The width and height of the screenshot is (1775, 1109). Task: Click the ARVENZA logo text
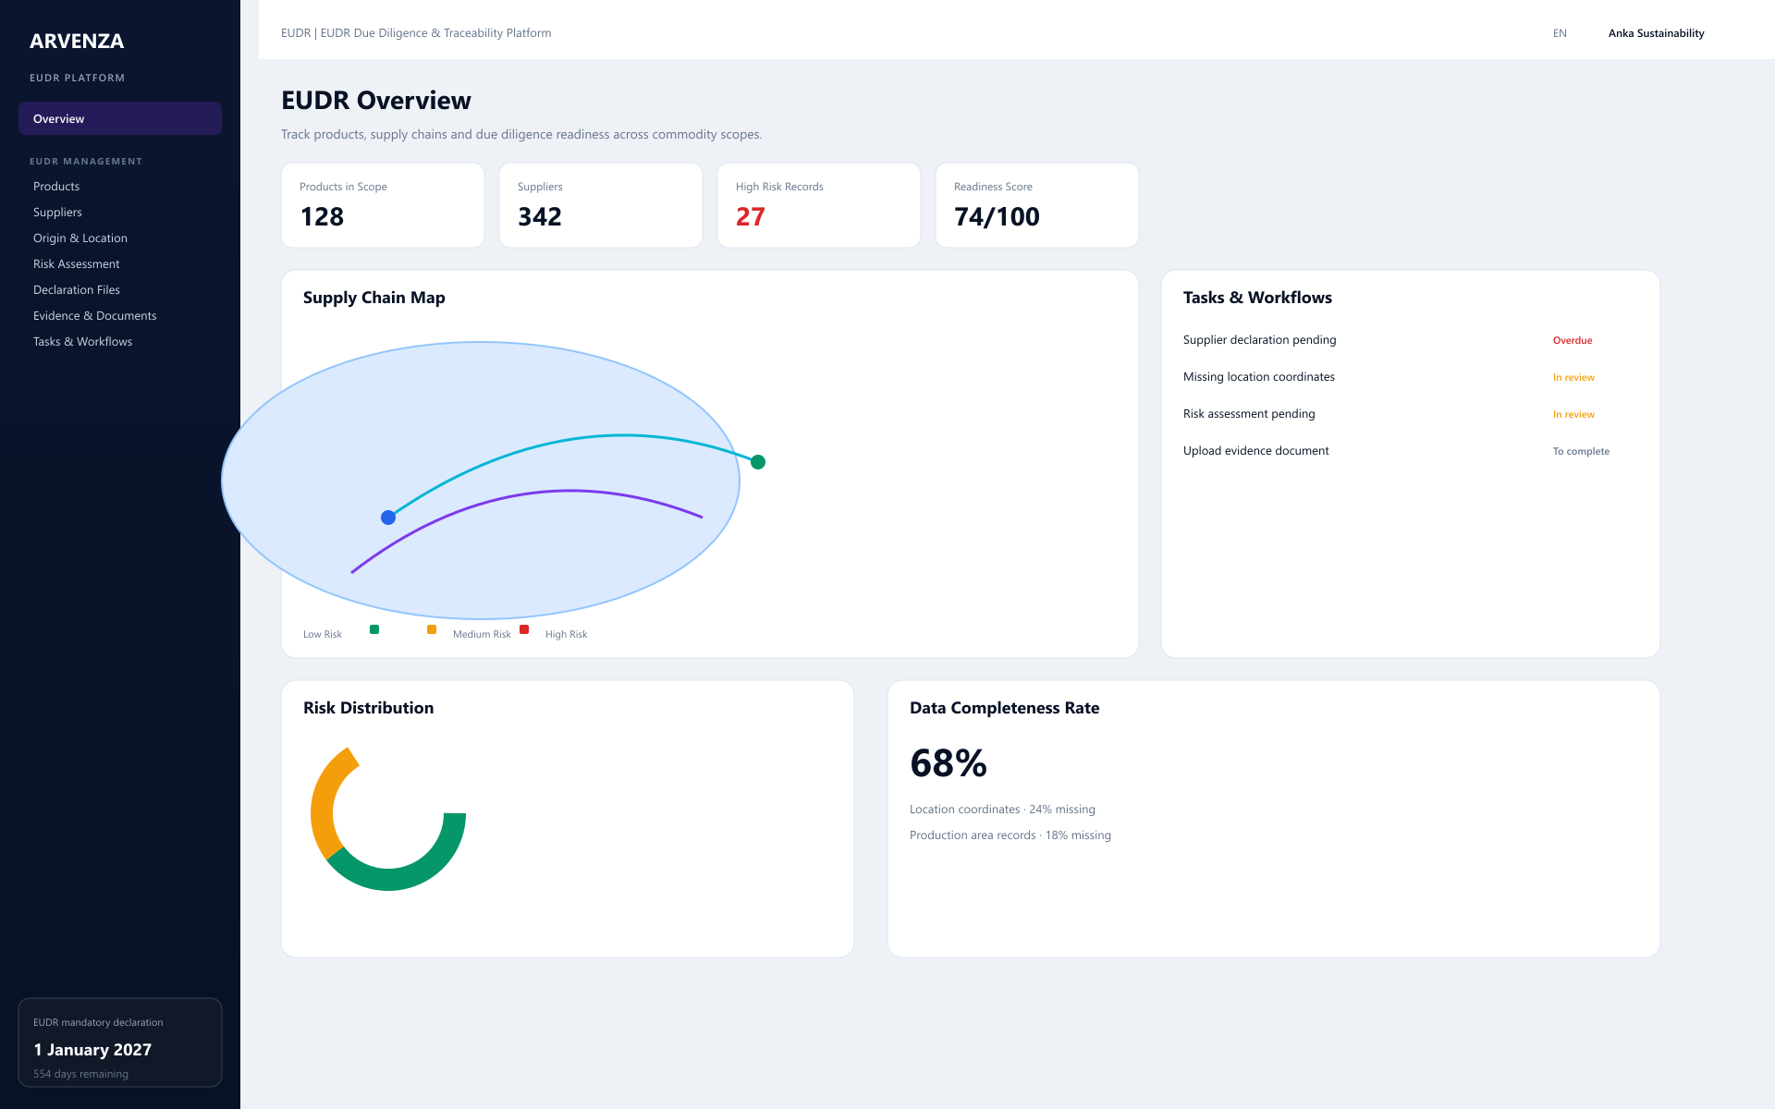click(x=77, y=41)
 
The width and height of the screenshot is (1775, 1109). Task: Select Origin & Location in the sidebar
click(x=80, y=238)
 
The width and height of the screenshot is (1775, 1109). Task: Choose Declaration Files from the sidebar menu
click(x=77, y=289)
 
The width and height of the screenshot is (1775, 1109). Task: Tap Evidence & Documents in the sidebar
click(x=95, y=315)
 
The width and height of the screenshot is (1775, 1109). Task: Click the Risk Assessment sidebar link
click(x=77, y=263)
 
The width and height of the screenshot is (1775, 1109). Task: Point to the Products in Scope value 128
click(x=322, y=216)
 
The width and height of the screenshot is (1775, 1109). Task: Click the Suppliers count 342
click(x=540, y=216)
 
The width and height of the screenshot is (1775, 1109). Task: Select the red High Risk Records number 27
click(x=751, y=216)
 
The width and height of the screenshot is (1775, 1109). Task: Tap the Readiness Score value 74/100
click(x=997, y=216)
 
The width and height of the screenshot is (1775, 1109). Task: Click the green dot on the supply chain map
click(x=758, y=462)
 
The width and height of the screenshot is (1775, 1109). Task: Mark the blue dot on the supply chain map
click(x=388, y=518)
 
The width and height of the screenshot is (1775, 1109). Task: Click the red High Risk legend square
click(x=524, y=629)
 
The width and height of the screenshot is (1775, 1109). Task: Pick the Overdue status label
click(x=1573, y=340)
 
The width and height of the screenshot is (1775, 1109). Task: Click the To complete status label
click(x=1581, y=451)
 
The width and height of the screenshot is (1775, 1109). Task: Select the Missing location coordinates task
click(x=1259, y=376)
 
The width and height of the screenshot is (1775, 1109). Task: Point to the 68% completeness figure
click(x=949, y=763)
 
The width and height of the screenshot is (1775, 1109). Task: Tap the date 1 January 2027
click(x=92, y=1050)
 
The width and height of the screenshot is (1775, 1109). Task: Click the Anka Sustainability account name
click(x=1657, y=33)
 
